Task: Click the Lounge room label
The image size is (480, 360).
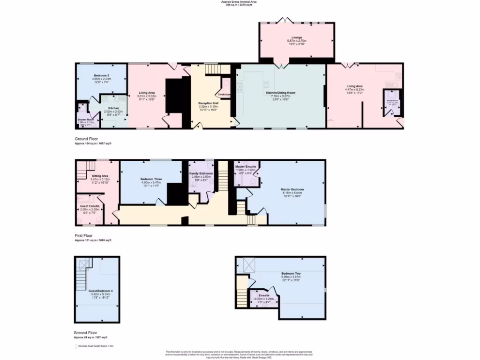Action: pos(296,37)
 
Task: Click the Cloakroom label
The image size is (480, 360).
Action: pos(224,94)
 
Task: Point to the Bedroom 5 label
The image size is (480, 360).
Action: pos(101,75)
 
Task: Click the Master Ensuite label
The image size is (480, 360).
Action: pos(246,167)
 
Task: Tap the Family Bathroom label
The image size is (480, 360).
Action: pos(201,173)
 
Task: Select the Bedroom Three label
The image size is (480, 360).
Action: pos(151,179)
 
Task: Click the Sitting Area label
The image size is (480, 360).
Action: pos(100,176)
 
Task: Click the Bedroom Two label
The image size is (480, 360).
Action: pos(291,273)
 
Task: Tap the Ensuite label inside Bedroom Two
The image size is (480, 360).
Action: pos(263,295)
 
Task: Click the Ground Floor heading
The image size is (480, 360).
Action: pos(87,139)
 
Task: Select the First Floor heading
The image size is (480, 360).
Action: pos(84,236)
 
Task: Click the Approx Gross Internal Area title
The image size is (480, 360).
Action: pos(239,2)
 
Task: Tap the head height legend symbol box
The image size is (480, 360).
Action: pos(75,346)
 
